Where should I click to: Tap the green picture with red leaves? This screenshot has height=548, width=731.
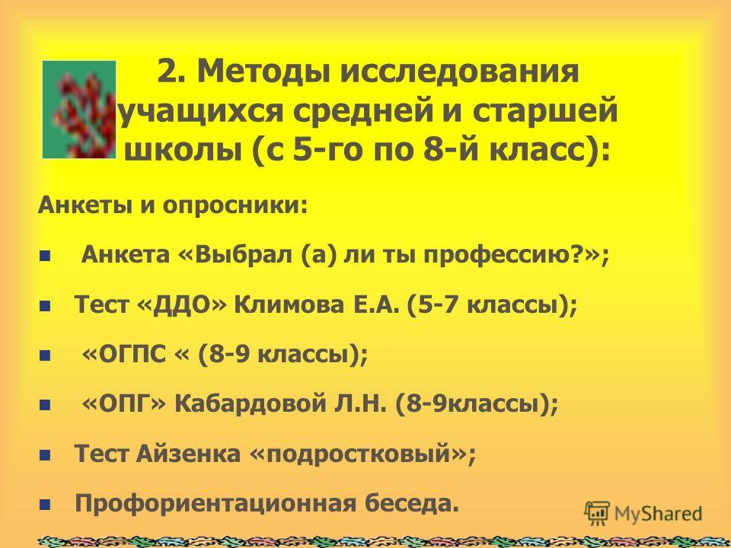tap(79, 110)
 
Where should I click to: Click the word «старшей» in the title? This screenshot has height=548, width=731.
tap(544, 112)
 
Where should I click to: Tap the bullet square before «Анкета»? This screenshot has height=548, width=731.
tap(45, 256)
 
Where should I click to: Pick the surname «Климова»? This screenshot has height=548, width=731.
tap(289, 305)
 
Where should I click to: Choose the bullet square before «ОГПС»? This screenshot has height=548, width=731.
tap(45, 355)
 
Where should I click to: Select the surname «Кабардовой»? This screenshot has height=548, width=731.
tap(249, 403)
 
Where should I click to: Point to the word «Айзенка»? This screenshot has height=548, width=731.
tap(188, 454)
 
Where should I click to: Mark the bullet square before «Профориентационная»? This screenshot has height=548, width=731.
tap(45, 505)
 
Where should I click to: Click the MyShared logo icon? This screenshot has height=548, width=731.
tap(597, 514)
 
